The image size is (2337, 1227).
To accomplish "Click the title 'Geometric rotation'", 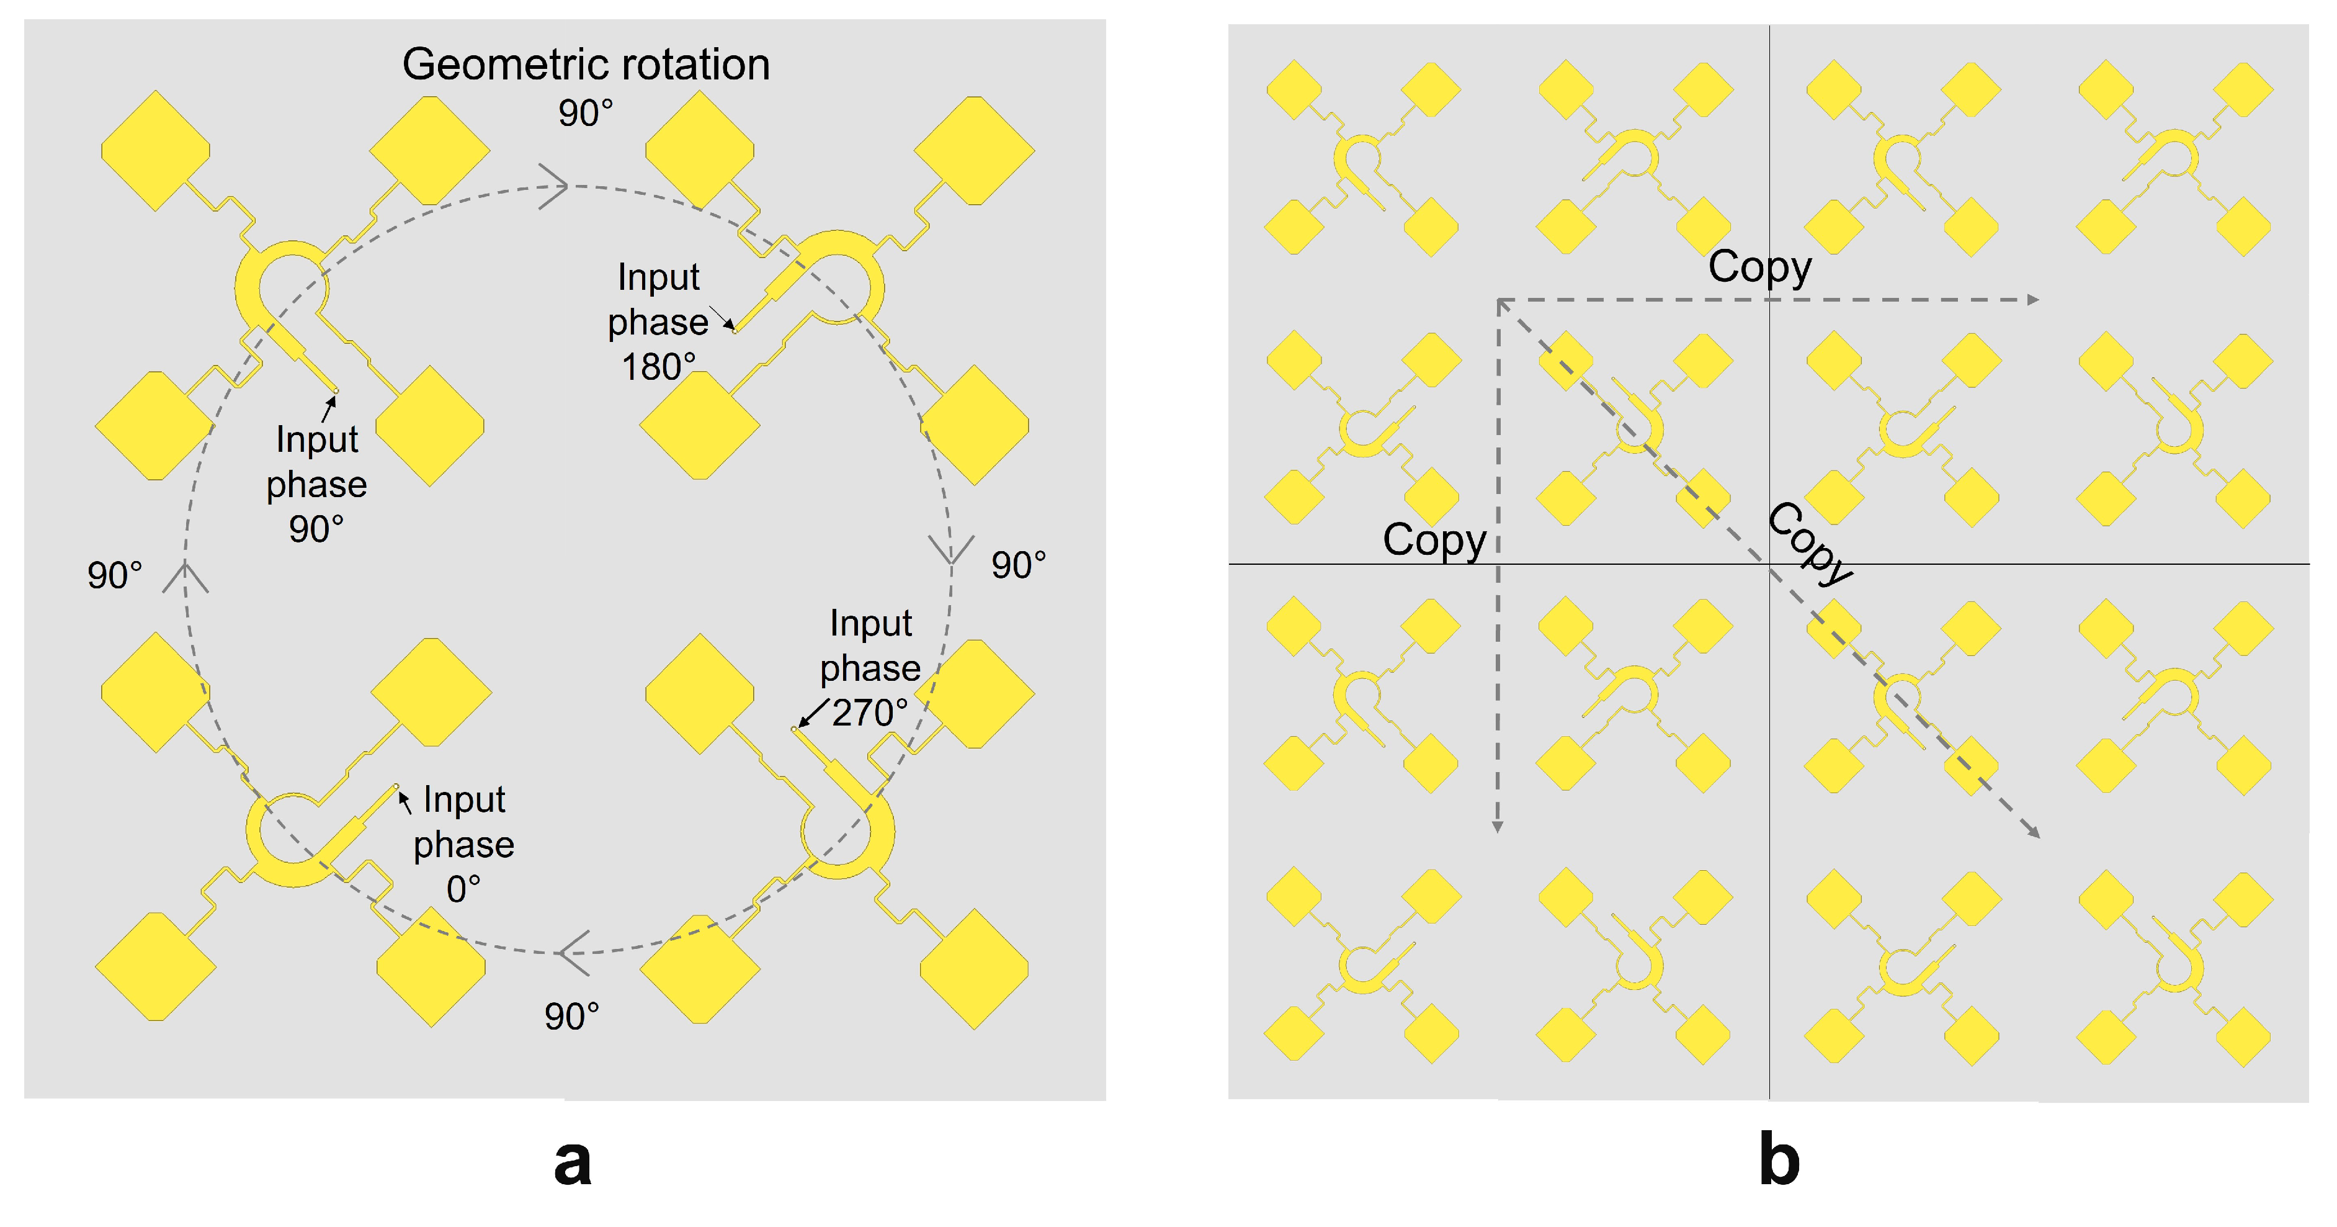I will pyautogui.click(x=586, y=65).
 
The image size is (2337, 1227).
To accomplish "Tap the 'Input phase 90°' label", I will pyautogui.click(x=316, y=483).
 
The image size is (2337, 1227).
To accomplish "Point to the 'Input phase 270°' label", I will pyautogui.click(x=869, y=668).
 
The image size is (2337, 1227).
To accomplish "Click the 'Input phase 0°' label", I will pyautogui.click(x=463, y=844).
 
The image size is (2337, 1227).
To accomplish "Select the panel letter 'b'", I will pyautogui.click(x=1779, y=1160).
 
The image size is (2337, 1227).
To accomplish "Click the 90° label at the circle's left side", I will pyautogui.click(x=114, y=575).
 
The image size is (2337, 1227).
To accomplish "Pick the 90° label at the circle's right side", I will pyautogui.click(x=1018, y=565).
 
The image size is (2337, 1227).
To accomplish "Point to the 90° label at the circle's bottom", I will pyautogui.click(x=571, y=1017).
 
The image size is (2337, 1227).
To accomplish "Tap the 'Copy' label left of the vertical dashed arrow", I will pyautogui.click(x=1434, y=540).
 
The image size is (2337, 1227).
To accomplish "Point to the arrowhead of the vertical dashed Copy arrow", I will pyautogui.click(x=1498, y=827).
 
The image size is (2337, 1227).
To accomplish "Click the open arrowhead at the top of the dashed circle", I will pyautogui.click(x=555, y=186).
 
